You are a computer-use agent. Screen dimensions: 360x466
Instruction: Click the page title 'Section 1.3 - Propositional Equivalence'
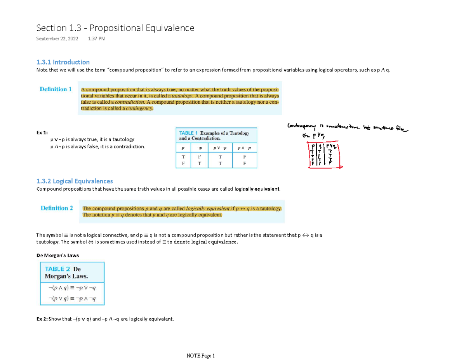(x=115, y=28)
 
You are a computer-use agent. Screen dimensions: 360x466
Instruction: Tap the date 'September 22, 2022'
(x=57, y=39)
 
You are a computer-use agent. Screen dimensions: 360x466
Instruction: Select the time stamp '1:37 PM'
(x=97, y=39)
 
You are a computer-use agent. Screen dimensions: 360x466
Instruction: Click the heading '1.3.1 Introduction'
(x=63, y=62)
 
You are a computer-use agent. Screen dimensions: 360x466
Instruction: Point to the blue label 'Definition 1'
(x=56, y=89)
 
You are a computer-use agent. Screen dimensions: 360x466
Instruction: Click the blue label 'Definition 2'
(x=57, y=208)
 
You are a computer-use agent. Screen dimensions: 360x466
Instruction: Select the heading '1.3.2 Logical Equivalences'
(x=74, y=181)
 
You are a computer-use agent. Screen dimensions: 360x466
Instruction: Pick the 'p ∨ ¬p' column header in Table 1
(x=219, y=148)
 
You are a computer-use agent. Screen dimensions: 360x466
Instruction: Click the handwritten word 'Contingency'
(x=300, y=125)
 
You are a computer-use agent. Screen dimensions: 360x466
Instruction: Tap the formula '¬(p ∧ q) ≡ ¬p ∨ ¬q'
(x=72, y=288)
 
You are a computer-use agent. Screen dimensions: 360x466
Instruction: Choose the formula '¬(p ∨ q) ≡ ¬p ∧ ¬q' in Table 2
(x=72, y=299)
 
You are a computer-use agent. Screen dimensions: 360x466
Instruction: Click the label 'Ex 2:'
(x=42, y=319)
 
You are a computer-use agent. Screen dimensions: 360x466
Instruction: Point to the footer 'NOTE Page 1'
(x=200, y=355)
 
